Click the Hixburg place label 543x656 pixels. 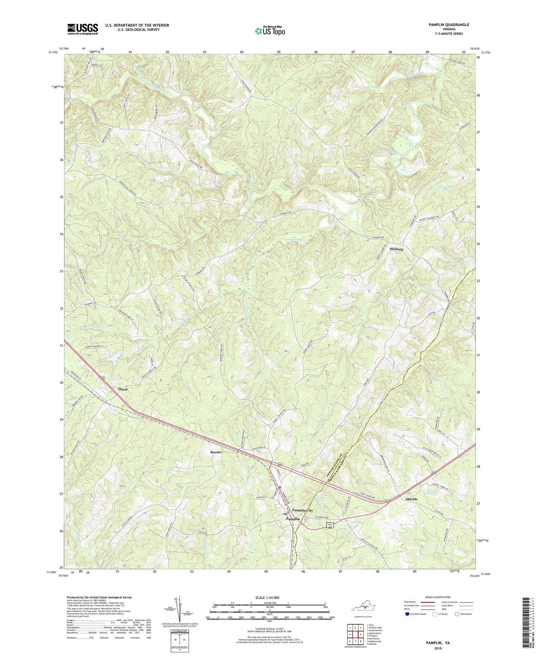pyautogui.click(x=396, y=249)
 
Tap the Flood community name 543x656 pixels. pyautogui.click(x=123, y=389)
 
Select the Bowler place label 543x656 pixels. pyautogui.click(x=216, y=452)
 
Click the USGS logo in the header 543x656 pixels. pyautogui.click(x=82, y=29)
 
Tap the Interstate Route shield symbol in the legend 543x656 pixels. pyautogui.click(x=408, y=614)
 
